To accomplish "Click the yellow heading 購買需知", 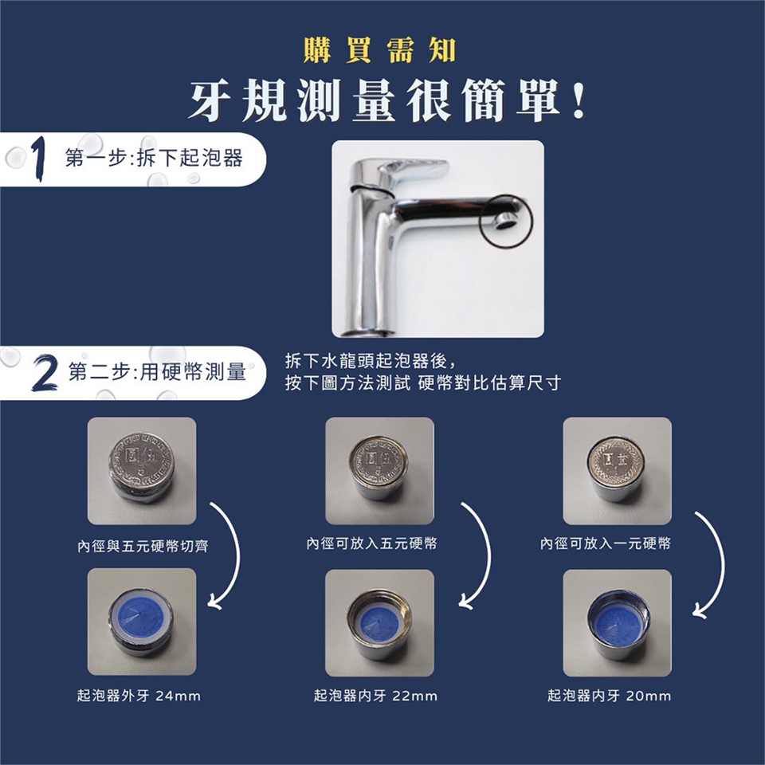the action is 379,51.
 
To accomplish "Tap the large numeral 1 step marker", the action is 39,159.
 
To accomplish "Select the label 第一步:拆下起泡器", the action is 154,158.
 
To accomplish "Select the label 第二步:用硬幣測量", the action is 157,372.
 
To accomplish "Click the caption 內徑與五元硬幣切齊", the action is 143,545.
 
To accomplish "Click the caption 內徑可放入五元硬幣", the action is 372,543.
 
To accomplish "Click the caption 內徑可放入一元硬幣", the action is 606,543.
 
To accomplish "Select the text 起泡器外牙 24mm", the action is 139,695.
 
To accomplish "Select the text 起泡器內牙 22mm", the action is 375,695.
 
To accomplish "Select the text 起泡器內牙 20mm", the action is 609,695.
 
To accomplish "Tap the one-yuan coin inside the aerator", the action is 614,460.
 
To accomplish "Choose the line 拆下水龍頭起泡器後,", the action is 371,362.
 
